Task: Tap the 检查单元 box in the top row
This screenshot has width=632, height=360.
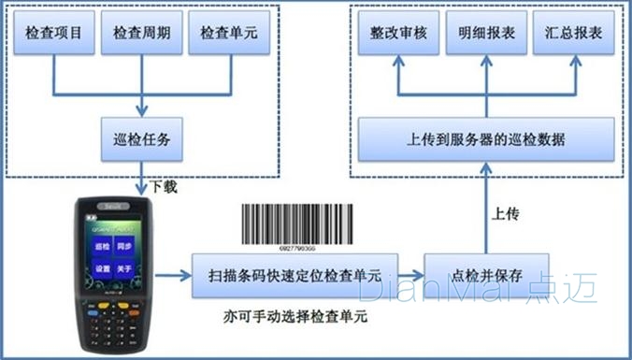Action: [227, 34]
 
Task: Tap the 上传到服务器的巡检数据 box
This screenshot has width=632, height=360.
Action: [486, 139]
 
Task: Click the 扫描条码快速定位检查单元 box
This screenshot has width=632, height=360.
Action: [294, 275]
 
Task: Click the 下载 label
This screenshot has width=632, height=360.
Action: [164, 188]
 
